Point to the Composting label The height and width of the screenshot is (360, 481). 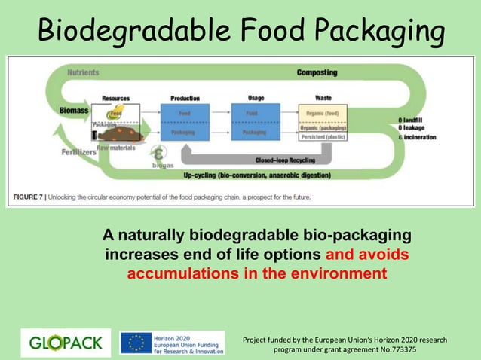(x=317, y=73)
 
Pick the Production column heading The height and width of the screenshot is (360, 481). (x=185, y=98)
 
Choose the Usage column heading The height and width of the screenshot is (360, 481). (x=256, y=98)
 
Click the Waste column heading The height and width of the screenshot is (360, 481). (x=323, y=98)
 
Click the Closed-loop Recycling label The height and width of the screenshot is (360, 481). (x=285, y=160)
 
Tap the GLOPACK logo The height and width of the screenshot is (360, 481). (x=66, y=343)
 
